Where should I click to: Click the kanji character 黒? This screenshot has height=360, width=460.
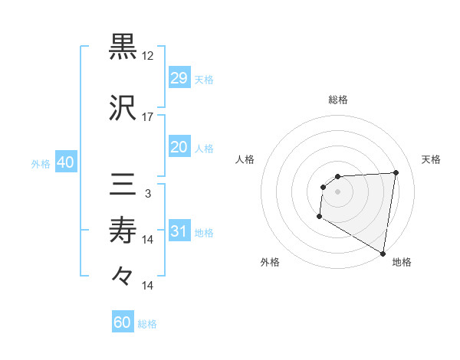click(123, 47)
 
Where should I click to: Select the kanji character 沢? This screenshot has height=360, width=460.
click(123, 108)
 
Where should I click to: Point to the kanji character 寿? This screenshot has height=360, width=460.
click(123, 231)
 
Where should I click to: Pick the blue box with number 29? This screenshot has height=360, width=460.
click(179, 79)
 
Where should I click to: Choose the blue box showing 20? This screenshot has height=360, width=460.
click(179, 148)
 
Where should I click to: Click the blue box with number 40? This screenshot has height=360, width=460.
click(65, 163)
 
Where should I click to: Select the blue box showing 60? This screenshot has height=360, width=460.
click(123, 322)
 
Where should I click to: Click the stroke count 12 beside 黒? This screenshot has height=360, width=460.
click(148, 56)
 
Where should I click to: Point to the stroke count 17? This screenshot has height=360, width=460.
click(148, 117)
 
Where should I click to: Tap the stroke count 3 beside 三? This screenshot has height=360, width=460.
click(148, 194)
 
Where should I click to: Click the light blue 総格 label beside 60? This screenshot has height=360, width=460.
click(147, 324)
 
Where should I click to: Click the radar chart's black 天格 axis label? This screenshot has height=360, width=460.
click(432, 159)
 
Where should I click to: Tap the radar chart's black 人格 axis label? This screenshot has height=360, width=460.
click(245, 159)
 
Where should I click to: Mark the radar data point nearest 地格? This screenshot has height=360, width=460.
click(383, 253)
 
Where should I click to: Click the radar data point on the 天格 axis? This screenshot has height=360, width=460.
click(396, 172)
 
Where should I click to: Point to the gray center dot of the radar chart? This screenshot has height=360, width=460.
click(337, 191)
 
